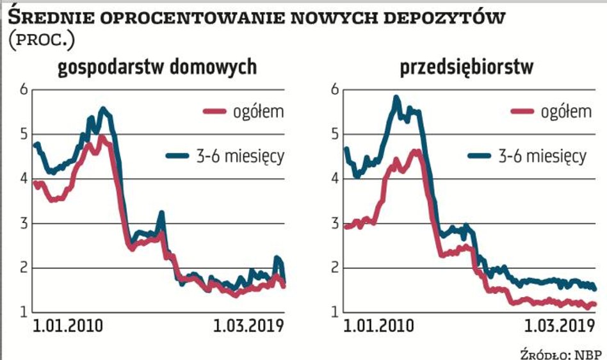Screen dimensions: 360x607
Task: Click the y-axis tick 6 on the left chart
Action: pos(24,90)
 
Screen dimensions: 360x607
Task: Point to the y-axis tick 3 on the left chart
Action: pos(24,224)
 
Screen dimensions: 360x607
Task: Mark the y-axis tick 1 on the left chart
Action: pos(24,313)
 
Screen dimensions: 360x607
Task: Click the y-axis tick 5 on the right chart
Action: pos(333,135)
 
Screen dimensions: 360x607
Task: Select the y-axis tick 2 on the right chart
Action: pos(333,268)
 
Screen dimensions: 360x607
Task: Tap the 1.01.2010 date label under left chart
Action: pos(67,326)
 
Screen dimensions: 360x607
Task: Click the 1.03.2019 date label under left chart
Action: pos(247,326)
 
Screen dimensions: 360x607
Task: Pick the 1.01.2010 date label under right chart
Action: pos(378,326)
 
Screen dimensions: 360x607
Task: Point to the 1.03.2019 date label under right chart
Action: pos(556,326)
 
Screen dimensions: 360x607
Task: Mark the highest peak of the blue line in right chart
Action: pos(396,98)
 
